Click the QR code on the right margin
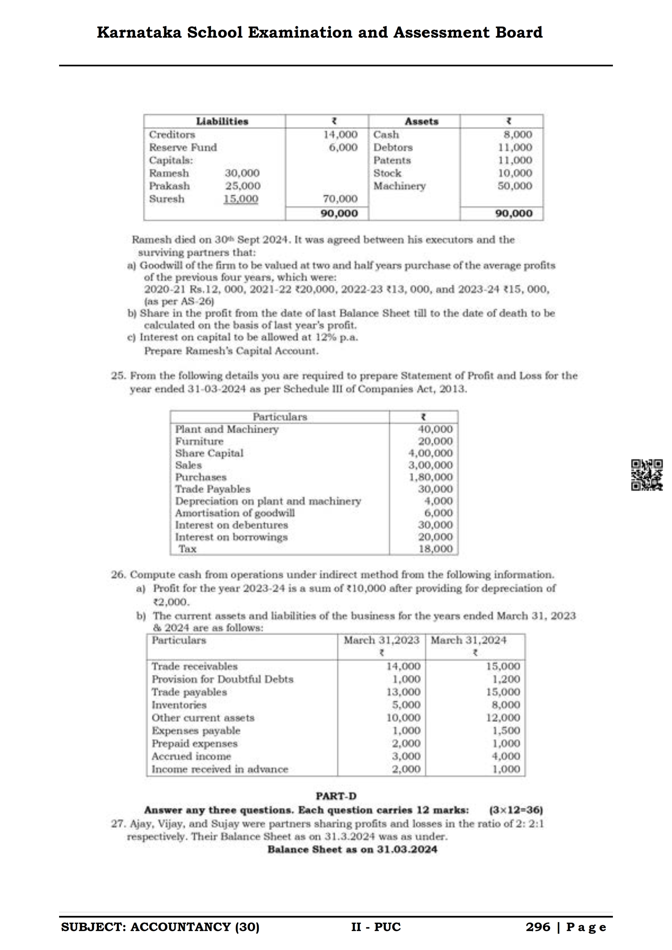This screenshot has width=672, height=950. [647, 475]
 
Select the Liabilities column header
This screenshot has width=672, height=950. [222, 121]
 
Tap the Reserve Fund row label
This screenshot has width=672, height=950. [183, 147]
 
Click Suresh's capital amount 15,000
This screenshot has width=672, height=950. [241, 199]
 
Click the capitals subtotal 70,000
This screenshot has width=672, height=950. [340, 199]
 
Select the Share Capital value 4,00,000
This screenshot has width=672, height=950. [431, 453]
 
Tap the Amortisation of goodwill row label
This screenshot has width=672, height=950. [235, 513]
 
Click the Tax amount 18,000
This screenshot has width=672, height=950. [436, 549]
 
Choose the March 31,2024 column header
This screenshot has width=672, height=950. [468, 640]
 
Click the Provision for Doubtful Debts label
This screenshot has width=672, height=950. [222, 679]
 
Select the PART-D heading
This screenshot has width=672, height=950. [336, 796]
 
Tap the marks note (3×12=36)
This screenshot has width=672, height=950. [516, 810]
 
